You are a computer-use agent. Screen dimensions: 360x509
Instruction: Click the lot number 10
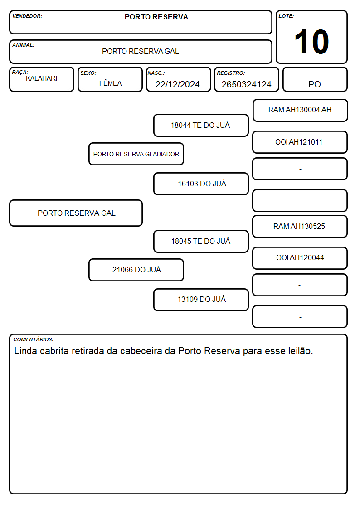(x=311, y=42)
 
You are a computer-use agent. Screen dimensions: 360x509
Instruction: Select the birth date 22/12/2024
(x=178, y=84)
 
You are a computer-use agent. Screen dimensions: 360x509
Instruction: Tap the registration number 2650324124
(x=246, y=84)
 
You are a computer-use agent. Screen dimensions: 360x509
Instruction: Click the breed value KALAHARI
(x=42, y=78)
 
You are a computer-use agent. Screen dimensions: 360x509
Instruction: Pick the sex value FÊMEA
(x=110, y=83)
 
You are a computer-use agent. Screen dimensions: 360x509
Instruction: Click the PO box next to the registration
(x=315, y=79)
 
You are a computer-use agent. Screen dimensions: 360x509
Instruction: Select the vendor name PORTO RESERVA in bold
(x=156, y=17)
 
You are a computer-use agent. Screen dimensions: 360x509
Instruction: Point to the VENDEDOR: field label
(x=27, y=16)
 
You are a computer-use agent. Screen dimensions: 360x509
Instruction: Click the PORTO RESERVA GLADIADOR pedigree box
(x=136, y=154)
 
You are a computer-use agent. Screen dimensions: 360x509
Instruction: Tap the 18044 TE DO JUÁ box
(x=201, y=125)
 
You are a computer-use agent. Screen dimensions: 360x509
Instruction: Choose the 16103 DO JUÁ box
(x=201, y=184)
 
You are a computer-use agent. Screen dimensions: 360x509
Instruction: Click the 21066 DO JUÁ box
(x=136, y=270)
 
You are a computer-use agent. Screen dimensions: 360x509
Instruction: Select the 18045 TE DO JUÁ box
(x=201, y=241)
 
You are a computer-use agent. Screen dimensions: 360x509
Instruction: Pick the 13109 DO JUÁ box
(x=201, y=300)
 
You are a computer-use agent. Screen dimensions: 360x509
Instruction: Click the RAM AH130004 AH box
(x=300, y=111)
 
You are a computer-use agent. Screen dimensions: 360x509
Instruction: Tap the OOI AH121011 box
(x=300, y=142)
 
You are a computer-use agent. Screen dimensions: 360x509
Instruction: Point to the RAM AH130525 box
(x=300, y=226)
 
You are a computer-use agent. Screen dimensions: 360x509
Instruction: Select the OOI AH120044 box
(x=300, y=258)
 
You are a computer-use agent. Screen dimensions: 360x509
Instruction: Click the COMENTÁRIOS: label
(x=34, y=339)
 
